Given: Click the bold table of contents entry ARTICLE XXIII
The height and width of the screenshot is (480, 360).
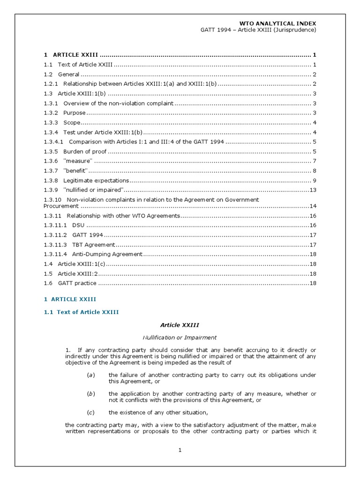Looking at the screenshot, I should (x=75, y=55).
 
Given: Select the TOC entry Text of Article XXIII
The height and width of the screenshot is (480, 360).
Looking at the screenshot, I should (x=84, y=65).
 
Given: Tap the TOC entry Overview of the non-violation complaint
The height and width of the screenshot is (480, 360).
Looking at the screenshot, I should (x=118, y=103).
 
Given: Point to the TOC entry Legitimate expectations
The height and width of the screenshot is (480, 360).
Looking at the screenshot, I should (x=96, y=180).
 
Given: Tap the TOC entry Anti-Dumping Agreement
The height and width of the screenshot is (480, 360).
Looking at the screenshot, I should (x=107, y=254).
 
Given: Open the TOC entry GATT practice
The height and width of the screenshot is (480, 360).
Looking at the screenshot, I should (x=77, y=283).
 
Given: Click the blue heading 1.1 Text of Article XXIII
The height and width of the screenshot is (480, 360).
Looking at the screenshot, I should (x=81, y=312).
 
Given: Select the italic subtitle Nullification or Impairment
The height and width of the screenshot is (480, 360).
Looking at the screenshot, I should (x=180, y=337).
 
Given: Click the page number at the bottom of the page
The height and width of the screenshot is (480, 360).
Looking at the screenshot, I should (x=180, y=450).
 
